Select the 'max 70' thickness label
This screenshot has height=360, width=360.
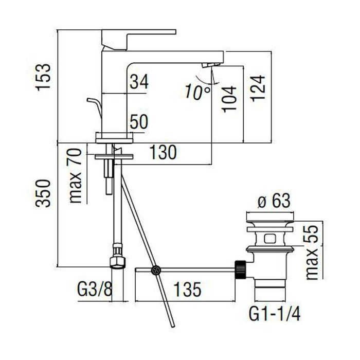75,176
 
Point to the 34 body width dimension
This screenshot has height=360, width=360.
139,81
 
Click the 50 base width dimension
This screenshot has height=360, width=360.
139,122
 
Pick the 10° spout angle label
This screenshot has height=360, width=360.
197,92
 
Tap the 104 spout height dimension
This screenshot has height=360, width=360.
229,99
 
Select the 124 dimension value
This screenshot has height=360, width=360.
258,88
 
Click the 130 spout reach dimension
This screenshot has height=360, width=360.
163,152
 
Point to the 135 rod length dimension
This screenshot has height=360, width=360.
188,289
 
